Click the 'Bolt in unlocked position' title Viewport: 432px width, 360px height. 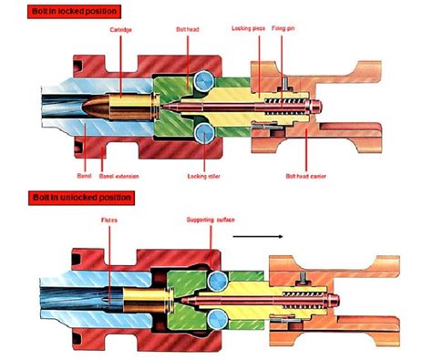coord(67,197)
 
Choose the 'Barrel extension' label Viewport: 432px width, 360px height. coord(117,169)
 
